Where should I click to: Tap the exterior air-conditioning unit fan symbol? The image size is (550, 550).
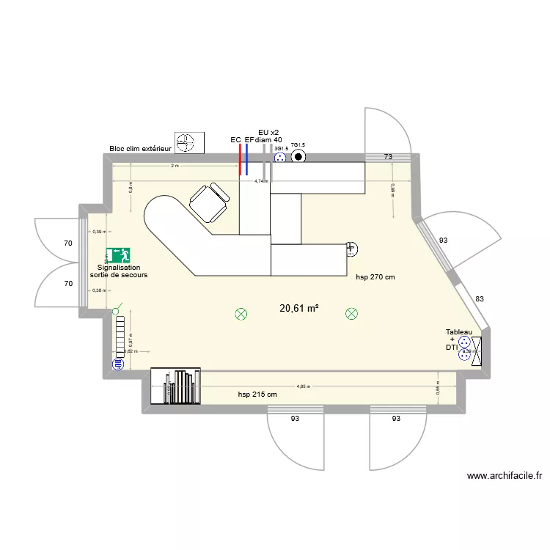[190, 143]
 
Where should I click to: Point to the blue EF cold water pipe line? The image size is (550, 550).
[247, 158]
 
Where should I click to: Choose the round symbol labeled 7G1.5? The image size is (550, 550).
[298, 156]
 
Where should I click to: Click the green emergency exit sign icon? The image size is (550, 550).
[118, 255]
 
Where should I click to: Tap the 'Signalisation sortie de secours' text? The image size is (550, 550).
[119, 271]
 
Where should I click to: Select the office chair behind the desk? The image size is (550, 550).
[208, 202]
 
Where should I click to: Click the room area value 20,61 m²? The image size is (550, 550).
[298, 309]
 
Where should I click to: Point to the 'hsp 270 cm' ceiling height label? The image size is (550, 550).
[375, 278]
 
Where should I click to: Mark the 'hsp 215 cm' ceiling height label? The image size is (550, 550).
[257, 395]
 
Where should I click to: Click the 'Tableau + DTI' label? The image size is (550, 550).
[458, 340]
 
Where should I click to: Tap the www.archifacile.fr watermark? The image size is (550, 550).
[505, 476]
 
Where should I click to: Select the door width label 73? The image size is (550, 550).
[388, 158]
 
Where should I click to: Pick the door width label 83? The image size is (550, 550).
[480, 298]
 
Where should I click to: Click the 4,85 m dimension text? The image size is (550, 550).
[303, 386]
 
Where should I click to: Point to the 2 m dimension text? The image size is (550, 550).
[174, 166]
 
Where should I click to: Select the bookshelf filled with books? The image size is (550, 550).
[175, 386]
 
